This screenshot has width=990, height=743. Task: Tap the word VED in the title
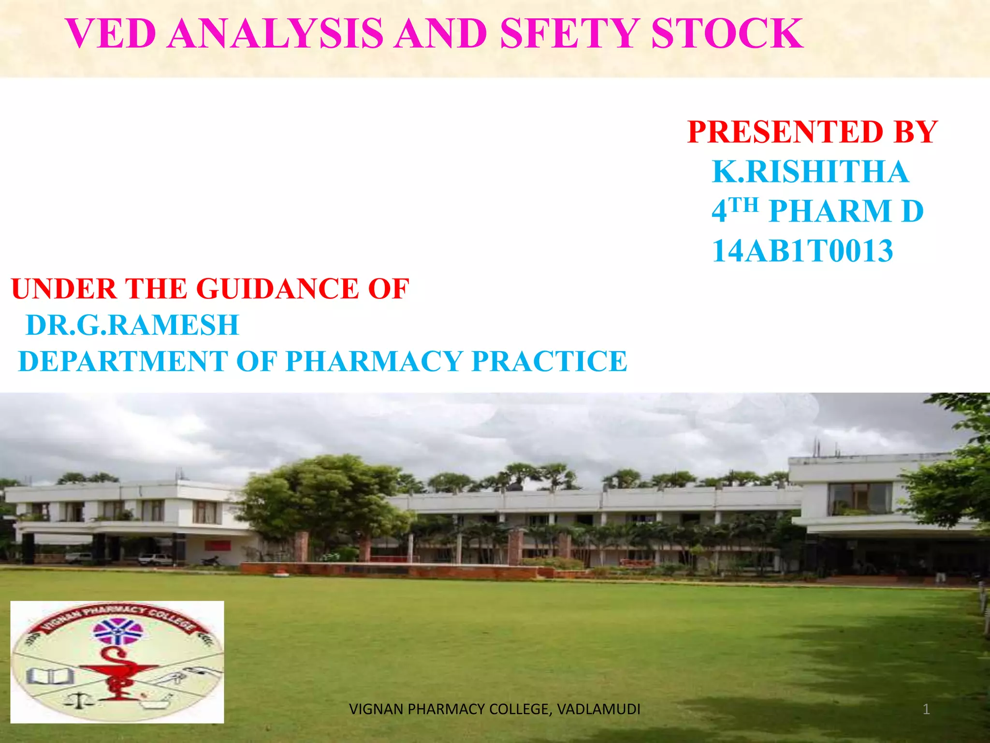point(111,34)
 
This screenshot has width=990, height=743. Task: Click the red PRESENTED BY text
point(812,132)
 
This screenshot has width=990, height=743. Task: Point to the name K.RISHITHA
point(810,172)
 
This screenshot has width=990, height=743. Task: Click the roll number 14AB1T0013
point(802,251)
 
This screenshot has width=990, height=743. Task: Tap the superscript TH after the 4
point(743,205)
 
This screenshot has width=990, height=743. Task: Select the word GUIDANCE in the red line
point(278,289)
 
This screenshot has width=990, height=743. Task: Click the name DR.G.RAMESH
point(132,325)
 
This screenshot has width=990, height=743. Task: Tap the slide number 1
point(926,710)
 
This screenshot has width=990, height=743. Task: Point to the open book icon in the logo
point(49,676)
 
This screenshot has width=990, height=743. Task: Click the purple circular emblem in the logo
point(117,631)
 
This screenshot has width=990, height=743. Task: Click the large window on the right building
point(859,499)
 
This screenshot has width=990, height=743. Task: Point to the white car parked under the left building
point(155,560)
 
